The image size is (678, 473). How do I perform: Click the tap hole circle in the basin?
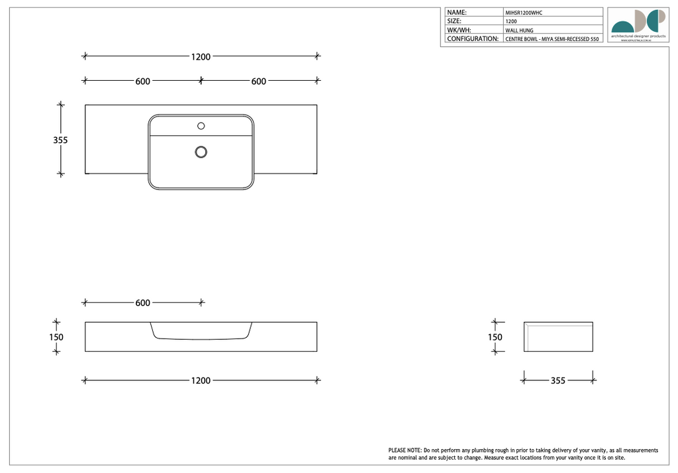[x=201, y=126]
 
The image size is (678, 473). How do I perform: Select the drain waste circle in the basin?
[x=201, y=152]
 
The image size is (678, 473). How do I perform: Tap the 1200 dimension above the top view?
[x=201, y=57]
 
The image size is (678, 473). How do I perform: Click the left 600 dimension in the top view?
[x=142, y=81]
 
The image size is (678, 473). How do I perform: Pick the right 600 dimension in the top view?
[x=259, y=81]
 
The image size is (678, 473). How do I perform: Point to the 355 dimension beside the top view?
[x=60, y=140]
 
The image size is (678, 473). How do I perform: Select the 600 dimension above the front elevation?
[x=142, y=303]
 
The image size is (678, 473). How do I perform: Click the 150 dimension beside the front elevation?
[x=56, y=337]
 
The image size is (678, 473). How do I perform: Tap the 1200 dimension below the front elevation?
[x=201, y=381]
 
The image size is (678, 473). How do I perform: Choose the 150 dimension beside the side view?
[x=495, y=337]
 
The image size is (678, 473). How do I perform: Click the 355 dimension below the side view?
[x=558, y=381]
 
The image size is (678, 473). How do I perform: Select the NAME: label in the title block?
[x=457, y=13]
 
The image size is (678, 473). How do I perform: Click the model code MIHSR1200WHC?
[x=524, y=13]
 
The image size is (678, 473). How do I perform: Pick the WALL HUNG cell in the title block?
[x=519, y=30]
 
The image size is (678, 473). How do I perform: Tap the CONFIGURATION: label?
[x=473, y=39]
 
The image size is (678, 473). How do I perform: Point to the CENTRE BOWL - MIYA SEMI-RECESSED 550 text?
[x=552, y=40]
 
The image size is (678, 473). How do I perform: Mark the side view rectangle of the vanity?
[x=558, y=337]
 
